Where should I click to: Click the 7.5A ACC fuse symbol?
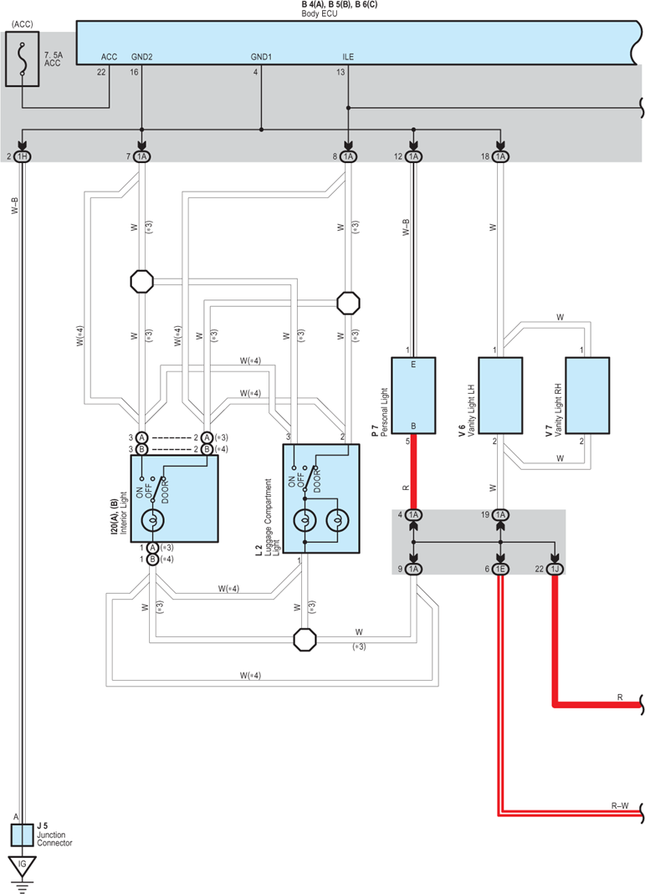pyautogui.click(x=23, y=59)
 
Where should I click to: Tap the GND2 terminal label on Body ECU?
pyautogui.click(x=141, y=57)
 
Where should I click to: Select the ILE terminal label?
pyautogui.click(x=348, y=57)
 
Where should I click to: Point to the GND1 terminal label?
pyautogui.click(x=261, y=57)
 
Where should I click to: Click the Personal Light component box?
pyautogui.click(x=413, y=396)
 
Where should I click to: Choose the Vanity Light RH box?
pyautogui.click(x=587, y=396)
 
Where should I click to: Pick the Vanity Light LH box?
pyautogui.click(x=500, y=396)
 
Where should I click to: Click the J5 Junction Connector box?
pyautogui.click(x=23, y=835)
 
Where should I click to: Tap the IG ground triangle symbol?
pyautogui.click(x=23, y=866)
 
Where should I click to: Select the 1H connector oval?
pyautogui.click(x=22, y=156)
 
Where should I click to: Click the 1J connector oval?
pyautogui.click(x=555, y=569)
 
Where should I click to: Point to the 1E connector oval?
pyautogui.click(x=500, y=569)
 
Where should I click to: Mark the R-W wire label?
pyautogui.click(x=620, y=805)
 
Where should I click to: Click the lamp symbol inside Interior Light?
pyautogui.click(x=152, y=520)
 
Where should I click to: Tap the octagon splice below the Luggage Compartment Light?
pyautogui.click(x=305, y=640)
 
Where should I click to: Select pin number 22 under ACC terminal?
pyautogui.click(x=101, y=72)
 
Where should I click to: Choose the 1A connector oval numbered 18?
pyautogui.click(x=500, y=156)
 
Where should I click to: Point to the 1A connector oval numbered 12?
pyautogui.click(x=413, y=156)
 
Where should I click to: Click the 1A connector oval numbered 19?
pyautogui.click(x=500, y=515)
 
